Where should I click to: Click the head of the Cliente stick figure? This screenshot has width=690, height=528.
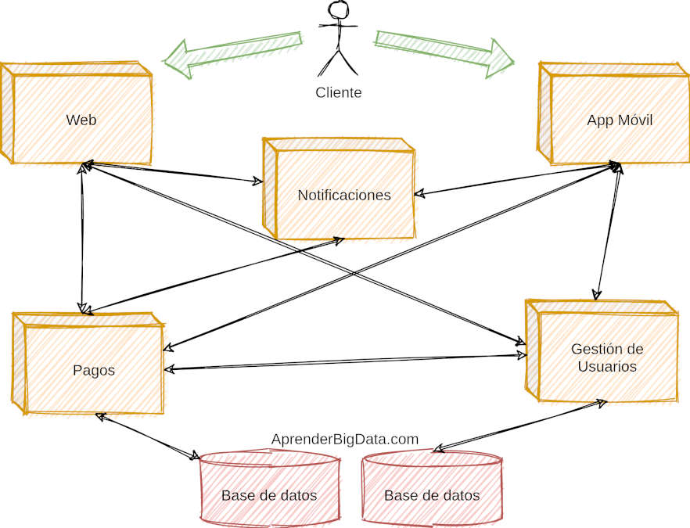[x=338, y=10]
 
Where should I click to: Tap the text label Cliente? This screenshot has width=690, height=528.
[x=338, y=92]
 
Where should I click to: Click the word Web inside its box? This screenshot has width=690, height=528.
[x=81, y=120]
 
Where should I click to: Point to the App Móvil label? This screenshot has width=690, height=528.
[x=619, y=120]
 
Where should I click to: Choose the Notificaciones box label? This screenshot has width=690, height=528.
[x=343, y=195]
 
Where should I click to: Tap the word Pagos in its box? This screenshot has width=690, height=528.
[x=93, y=370]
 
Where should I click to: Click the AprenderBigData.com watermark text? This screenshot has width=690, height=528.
[x=345, y=440]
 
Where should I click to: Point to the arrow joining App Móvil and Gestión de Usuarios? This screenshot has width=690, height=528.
[x=609, y=232]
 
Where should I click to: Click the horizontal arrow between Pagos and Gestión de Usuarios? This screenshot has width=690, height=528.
[x=344, y=362]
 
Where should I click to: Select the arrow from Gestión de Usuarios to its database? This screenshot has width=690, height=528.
[x=520, y=426]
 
